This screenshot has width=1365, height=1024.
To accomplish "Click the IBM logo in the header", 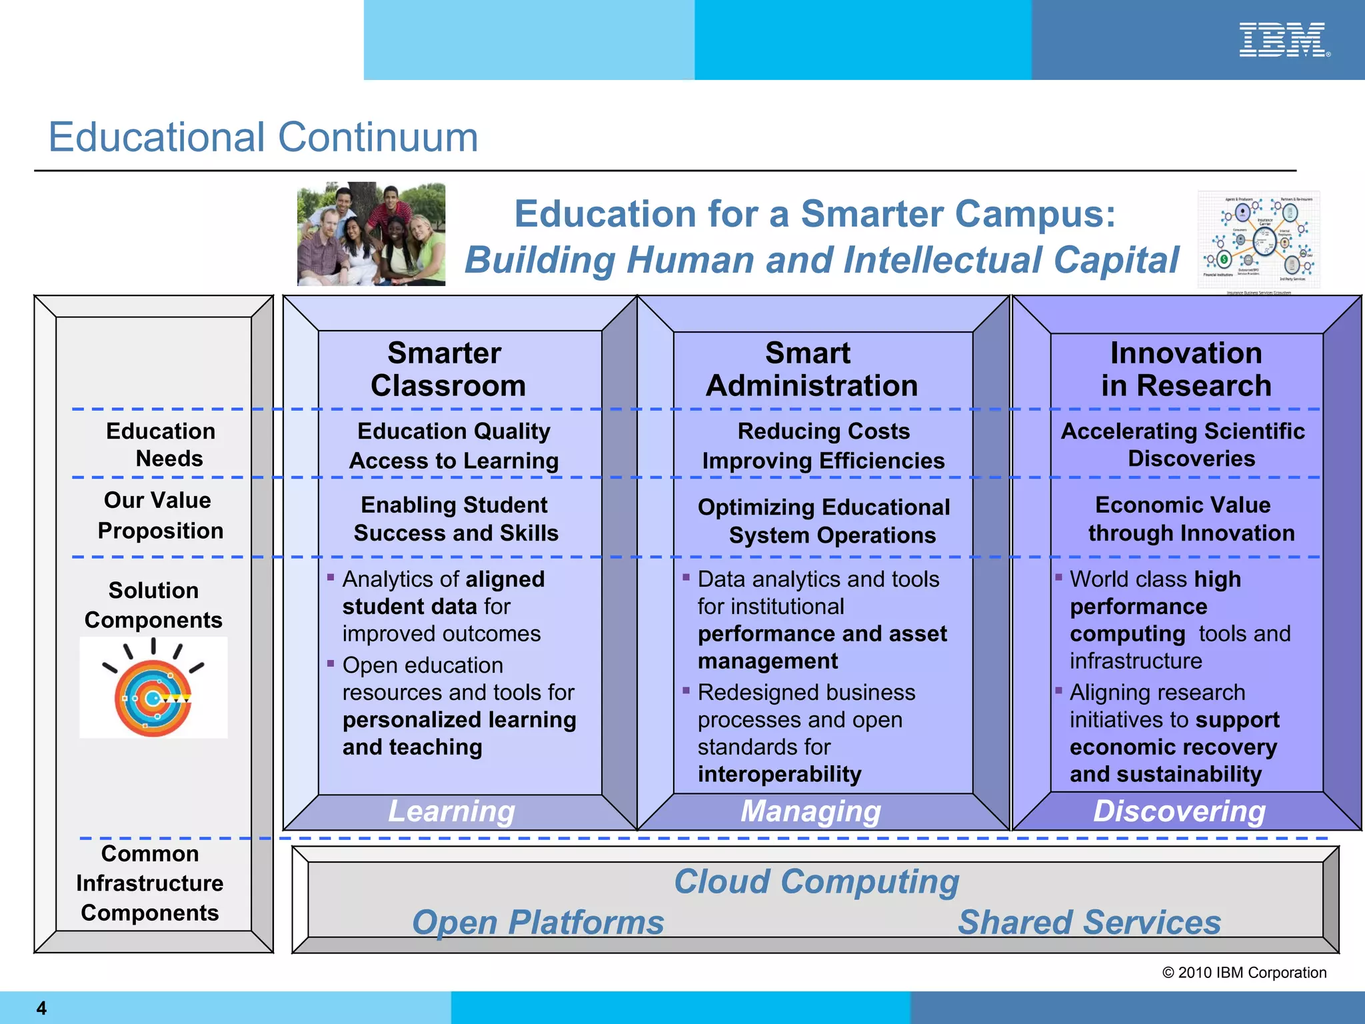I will [x=1283, y=40].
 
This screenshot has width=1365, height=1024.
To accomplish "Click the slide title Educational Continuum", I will [x=263, y=137].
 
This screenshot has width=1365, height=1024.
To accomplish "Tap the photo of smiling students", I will [x=371, y=234].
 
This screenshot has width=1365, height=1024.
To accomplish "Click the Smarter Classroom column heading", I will [x=447, y=369].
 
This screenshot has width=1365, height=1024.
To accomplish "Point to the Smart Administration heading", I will [x=810, y=369].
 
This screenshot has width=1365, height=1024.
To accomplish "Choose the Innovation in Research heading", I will [x=1186, y=369].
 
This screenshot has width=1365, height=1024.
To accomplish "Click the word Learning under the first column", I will [x=452, y=811].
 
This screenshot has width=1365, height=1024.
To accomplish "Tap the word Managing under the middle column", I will [x=810, y=811].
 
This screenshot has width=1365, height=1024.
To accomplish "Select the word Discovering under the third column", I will [x=1179, y=811].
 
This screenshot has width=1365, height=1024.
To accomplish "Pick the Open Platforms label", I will [x=538, y=923].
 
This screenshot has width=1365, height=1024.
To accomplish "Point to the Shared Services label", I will [x=1089, y=923].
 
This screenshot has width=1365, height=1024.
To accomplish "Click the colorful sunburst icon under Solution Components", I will [x=153, y=689].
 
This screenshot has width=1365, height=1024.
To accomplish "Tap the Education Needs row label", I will [x=161, y=445].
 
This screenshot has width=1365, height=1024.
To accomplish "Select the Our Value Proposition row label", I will [x=160, y=515].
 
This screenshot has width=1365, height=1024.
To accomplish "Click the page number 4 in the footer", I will [x=41, y=1008].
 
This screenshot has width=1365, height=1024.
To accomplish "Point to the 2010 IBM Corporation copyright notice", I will [x=1244, y=973].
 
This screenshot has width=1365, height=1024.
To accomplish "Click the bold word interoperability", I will [x=779, y=774].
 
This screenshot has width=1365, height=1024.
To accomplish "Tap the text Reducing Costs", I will [x=823, y=431].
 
